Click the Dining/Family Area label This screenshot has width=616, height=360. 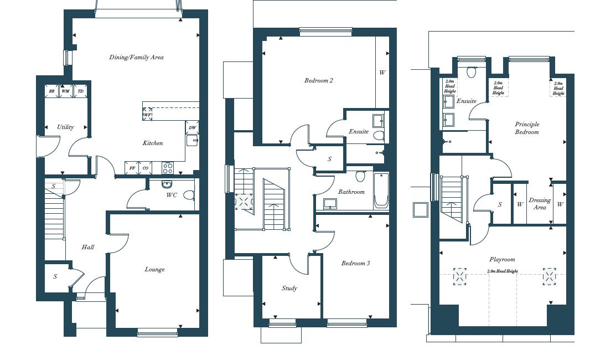(136, 57)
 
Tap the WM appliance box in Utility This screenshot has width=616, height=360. (66, 91)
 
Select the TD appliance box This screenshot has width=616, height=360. (81, 91)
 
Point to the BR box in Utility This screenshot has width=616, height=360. (51, 91)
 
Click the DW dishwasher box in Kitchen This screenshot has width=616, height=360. (192, 127)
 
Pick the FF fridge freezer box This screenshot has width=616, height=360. (132, 168)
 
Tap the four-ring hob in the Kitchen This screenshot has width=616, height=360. (167, 167)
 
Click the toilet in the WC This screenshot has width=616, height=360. (189, 195)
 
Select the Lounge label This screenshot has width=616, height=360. (154, 269)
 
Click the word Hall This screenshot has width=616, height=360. (87, 247)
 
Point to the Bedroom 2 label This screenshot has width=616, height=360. (319, 80)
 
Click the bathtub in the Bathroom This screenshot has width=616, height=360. (381, 191)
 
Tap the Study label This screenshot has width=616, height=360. (289, 288)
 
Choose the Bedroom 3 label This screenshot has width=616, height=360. (355, 263)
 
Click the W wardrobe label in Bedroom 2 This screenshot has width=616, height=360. (382, 73)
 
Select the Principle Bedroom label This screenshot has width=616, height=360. (527, 128)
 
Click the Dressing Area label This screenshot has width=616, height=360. (540, 204)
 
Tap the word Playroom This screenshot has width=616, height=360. (502, 259)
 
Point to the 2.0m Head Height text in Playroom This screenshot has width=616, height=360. (503, 271)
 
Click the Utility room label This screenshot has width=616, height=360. (65, 127)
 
